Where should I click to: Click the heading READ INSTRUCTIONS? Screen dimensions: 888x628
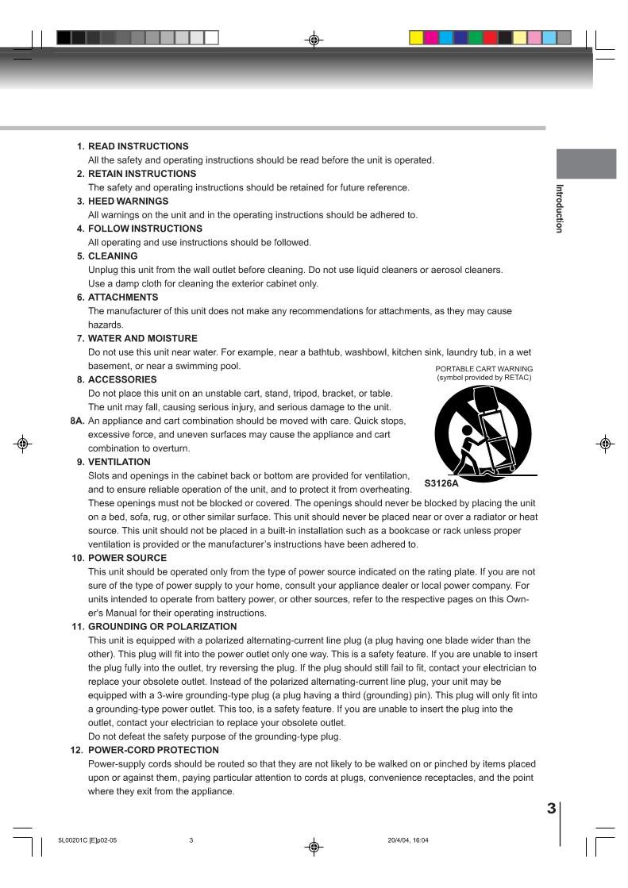[138, 146]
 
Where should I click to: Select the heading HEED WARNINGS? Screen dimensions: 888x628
[128, 201]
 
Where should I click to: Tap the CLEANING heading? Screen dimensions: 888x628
[113, 256]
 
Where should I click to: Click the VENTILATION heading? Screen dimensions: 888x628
[119, 462]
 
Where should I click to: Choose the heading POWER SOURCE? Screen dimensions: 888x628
[127, 558]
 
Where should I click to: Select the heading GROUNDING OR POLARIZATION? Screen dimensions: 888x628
[162, 626]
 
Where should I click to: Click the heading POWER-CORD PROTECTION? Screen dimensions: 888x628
[153, 750]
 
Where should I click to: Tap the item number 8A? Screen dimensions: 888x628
[77, 421]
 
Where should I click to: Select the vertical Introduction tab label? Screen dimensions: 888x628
[559, 208]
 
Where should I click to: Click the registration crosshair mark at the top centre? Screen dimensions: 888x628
[314, 39]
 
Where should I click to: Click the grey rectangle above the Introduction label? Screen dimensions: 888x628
[586, 163]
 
